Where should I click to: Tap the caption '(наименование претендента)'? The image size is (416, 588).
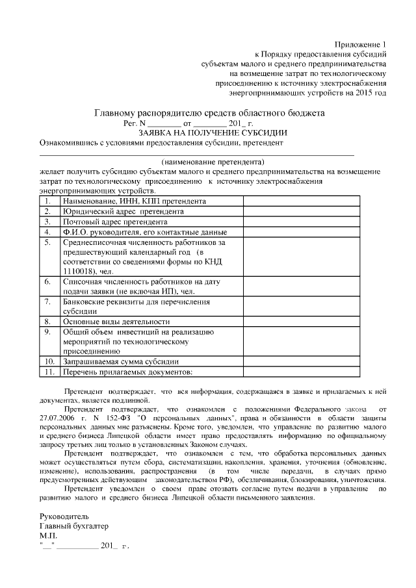(213, 160)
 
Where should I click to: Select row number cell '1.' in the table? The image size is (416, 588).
(47, 201)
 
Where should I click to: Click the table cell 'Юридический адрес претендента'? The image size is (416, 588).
(123, 212)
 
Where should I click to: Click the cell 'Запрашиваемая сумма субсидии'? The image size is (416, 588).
(120, 361)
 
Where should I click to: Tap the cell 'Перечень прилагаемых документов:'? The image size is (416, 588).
(127, 372)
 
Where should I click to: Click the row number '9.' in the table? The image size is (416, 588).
(47, 331)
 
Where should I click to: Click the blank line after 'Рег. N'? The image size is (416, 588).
(165, 123)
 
